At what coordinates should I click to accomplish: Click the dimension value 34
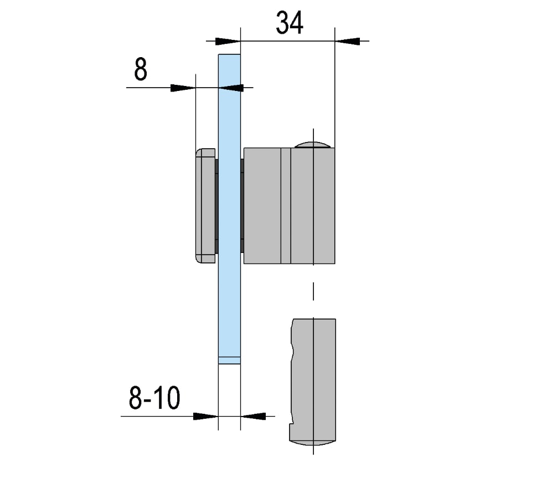[289, 23]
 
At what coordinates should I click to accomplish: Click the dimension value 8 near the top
[141, 69]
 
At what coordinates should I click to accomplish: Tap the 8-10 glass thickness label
[154, 398]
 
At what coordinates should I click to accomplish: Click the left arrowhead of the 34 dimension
[228, 41]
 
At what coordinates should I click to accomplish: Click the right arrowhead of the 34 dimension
[347, 41]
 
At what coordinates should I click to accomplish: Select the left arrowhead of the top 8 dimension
[183, 88]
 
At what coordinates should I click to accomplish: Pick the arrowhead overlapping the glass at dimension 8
[231, 88]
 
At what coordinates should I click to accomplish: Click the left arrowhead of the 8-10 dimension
[206, 416]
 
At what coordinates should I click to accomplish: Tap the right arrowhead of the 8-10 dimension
[253, 416]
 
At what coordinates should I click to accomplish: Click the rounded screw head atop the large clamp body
[313, 145]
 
